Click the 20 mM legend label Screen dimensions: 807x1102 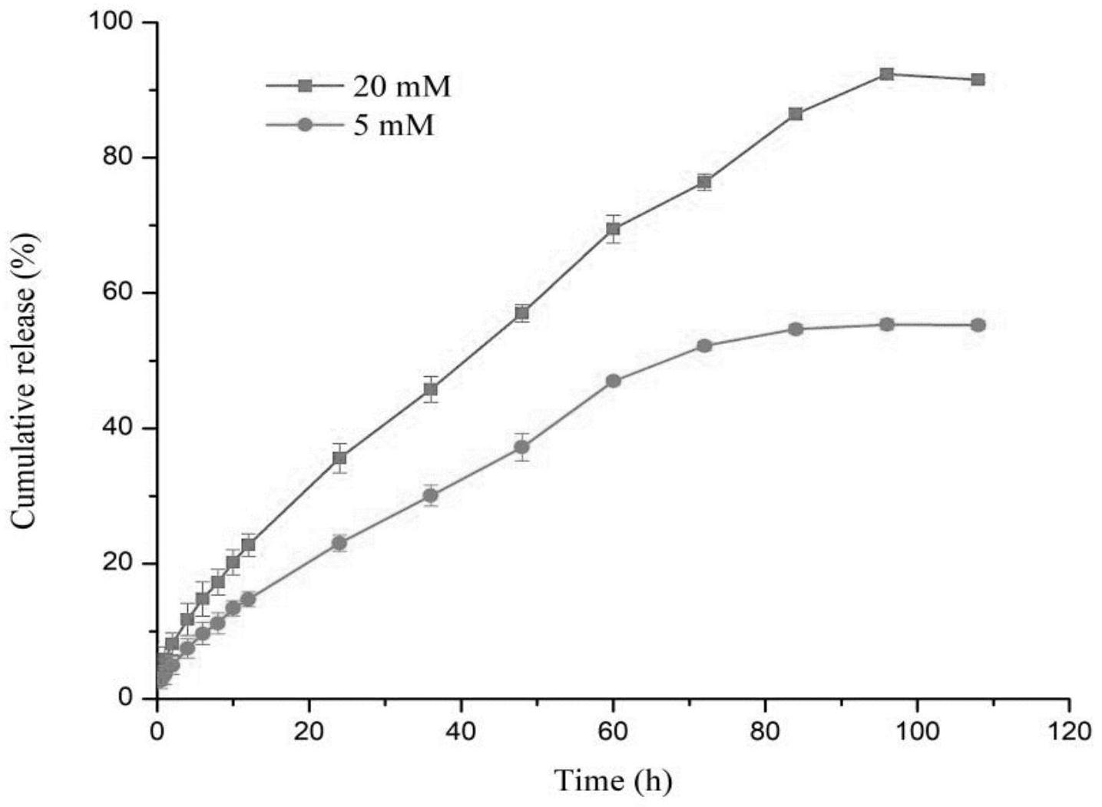coord(402,87)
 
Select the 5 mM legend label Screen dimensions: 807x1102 coord(393,124)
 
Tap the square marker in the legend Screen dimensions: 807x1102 coord(306,86)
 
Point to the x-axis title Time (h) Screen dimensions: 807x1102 coord(613,781)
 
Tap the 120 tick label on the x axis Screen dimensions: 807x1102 coord(1068,730)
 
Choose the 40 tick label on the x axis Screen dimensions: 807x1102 coord(460,730)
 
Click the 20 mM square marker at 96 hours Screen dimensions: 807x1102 coord(886,74)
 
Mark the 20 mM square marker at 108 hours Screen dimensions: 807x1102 coord(978,80)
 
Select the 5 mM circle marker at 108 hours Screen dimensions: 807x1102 coord(978,326)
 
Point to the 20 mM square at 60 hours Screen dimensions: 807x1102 coord(613,229)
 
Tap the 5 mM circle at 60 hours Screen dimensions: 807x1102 coord(613,381)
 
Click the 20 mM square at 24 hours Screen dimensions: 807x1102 coord(339,458)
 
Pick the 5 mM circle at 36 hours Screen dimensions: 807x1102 coord(431,495)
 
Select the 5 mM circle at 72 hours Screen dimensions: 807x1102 coord(704,346)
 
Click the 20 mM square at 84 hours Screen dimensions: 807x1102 coord(796,114)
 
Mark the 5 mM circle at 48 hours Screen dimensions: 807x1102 coord(522,447)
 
